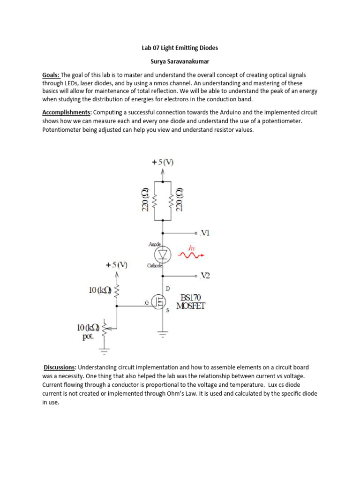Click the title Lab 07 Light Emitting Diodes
click(x=180, y=48)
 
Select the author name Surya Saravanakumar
click(x=180, y=61)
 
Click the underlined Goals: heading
click(x=51, y=75)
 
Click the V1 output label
click(x=205, y=232)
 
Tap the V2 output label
click(x=205, y=276)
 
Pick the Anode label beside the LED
click(x=154, y=244)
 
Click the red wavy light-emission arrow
click(x=189, y=255)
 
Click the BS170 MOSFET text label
click(x=190, y=302)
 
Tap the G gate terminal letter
click(x=147, y=303)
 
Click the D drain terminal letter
click(x=168, y=288)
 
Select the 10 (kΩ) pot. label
click(x=88, y=331)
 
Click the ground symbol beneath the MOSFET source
click(x=163, y=335)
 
